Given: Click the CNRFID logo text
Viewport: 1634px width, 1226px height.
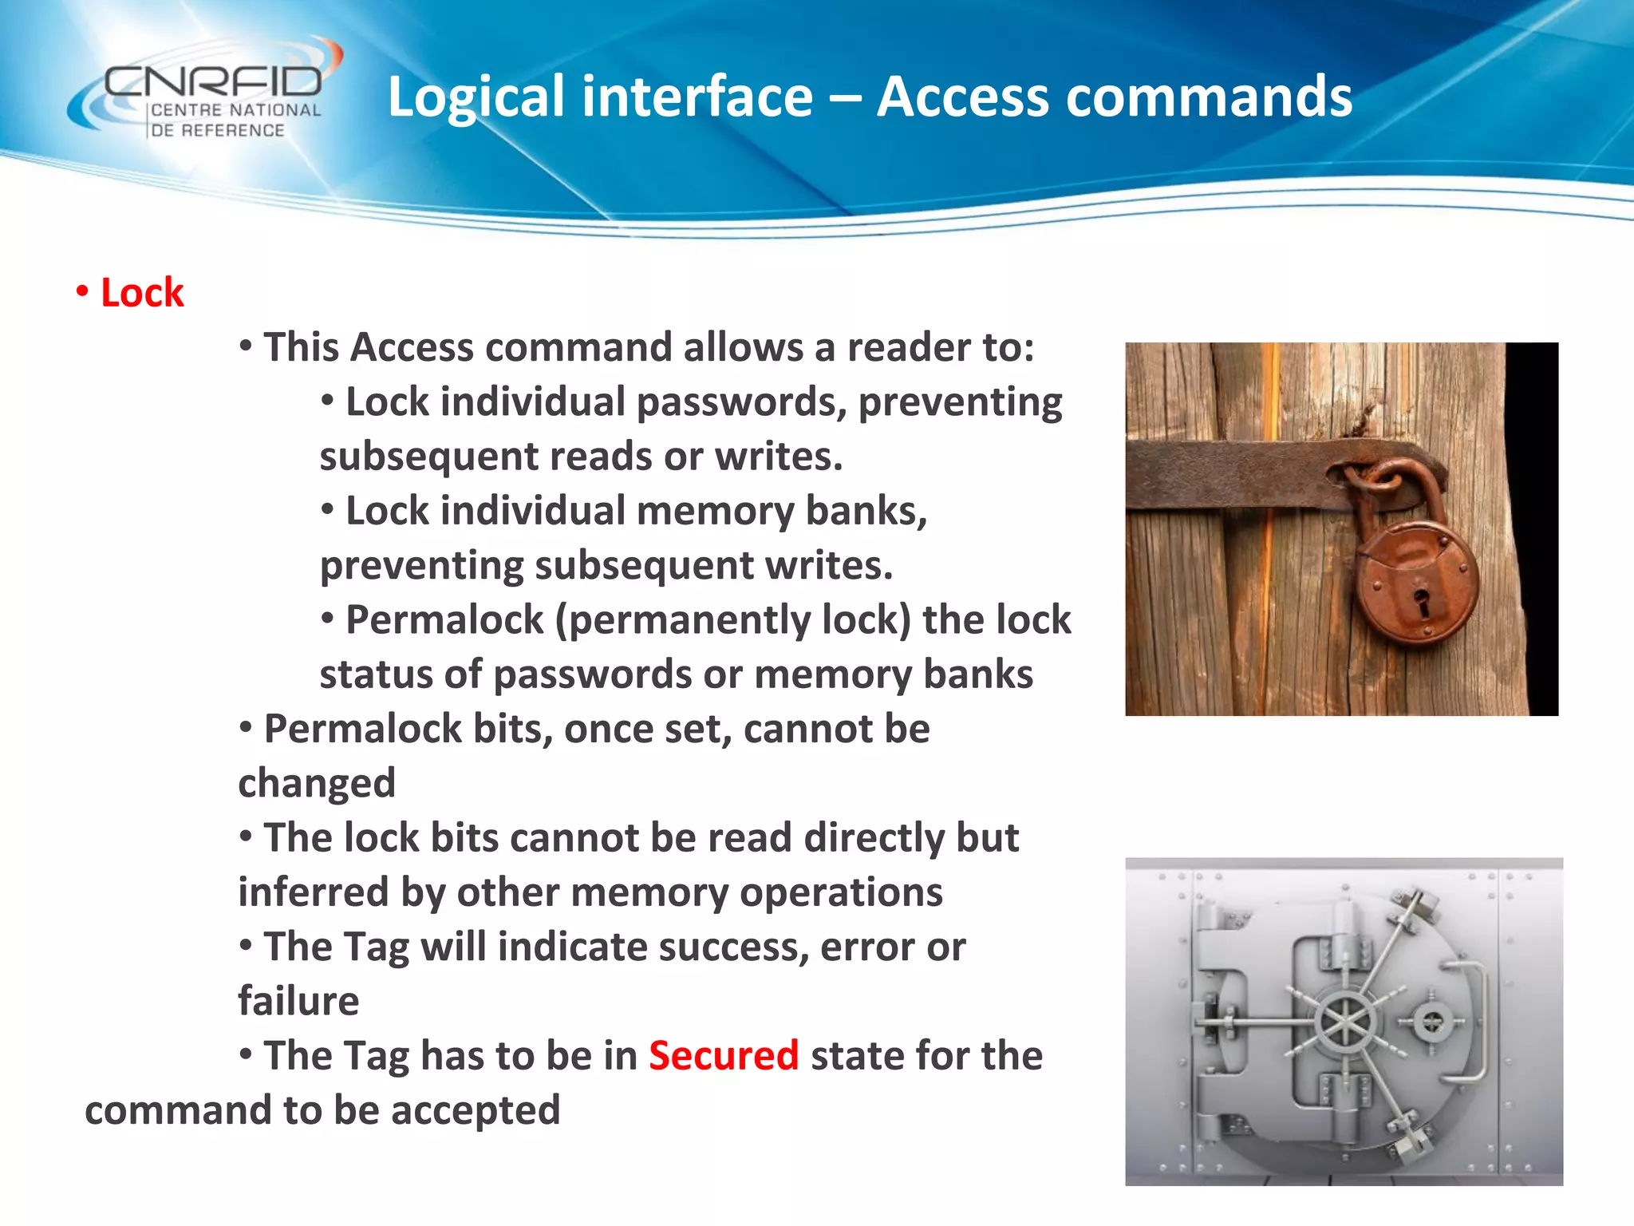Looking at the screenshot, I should coord(212,81).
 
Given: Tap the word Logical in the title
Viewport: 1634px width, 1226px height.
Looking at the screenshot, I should coord(476,97).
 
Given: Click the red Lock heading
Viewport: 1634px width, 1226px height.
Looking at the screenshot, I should coord(142,293).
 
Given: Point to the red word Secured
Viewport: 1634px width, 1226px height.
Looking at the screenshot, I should coord(723,1056).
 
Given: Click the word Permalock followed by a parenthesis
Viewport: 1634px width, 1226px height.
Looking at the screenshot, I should coord(444,620).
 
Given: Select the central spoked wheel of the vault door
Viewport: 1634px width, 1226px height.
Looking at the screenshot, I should coord(1346,1022).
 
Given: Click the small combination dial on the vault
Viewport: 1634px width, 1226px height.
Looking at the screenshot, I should coord(1433,1022).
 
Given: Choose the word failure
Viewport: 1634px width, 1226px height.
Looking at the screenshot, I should coord(298,1002).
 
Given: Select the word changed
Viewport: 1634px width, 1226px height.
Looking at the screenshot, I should coord(317,784).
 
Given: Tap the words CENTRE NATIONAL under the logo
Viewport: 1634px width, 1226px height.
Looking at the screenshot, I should coord(235,111).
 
